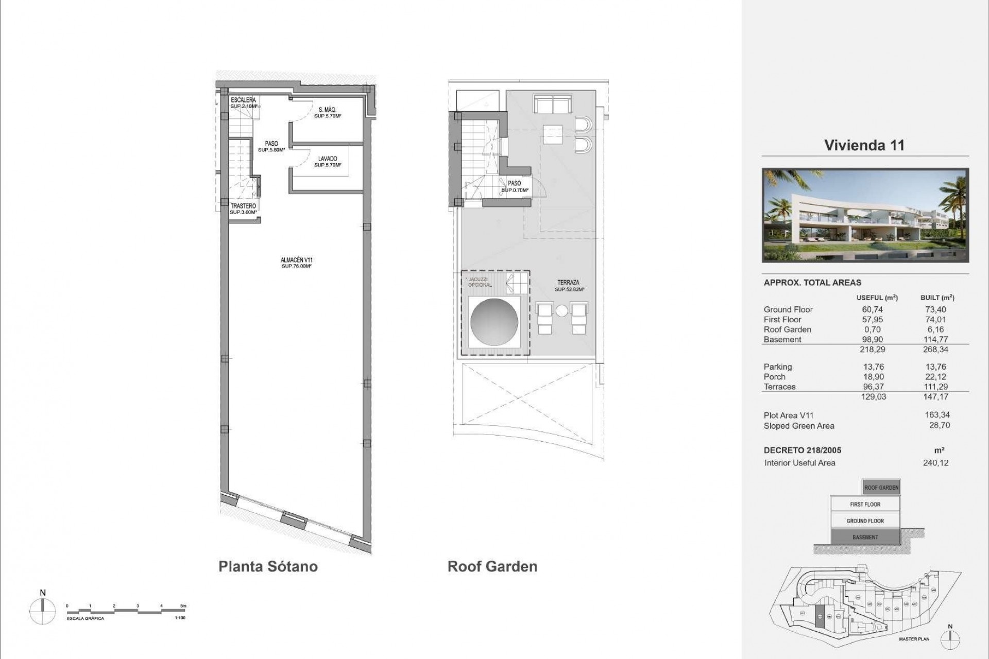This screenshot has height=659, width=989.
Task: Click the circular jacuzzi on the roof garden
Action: (x=494, y=322)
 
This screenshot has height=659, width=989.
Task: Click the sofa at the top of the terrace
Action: (x=552, y=105)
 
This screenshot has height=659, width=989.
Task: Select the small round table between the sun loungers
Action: (x=561, y=311)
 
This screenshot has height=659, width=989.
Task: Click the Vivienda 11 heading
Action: (x=864, y=145)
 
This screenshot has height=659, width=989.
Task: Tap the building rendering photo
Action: (x=865, y=215)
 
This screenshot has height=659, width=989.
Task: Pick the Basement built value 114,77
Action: (x=935, y=339)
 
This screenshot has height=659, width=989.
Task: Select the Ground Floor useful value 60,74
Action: (x=872, y=309)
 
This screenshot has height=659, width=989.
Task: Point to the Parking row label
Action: (x=777, y=367)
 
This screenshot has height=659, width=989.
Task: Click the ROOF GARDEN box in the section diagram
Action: (x=881, y=488)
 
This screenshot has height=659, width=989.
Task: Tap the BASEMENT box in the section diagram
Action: (x=865, y=537)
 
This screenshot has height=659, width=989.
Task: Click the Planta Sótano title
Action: (x=268, y=567)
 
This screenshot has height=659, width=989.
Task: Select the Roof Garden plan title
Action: (x=492, y=567)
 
